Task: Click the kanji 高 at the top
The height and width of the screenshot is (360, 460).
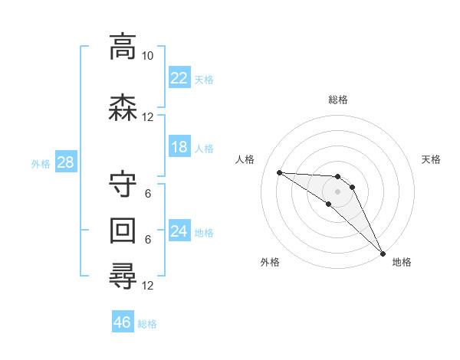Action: pyautogui.click(x=123, y=48)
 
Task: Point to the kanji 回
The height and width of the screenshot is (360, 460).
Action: pyautogui.click(x=123, y=230)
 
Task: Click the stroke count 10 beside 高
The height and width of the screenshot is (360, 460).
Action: pyautogui.click(x=148, y=57)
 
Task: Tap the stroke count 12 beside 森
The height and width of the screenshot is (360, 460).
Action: pyautogui.click(x=148, y=116)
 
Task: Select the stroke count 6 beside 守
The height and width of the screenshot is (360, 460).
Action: pyautogui.click(x=148, y=194)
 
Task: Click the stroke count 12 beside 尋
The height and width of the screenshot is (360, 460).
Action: pyautogui.click(x=148, y=286)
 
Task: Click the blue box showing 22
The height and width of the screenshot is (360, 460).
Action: pyautogui.click(x=179, y=78)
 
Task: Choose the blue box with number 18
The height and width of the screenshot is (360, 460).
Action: pyautogui.click(x=179, y=147)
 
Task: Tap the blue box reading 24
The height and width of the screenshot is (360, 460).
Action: pyautogui.click(x=179, y=231)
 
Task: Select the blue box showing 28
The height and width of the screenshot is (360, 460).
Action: pyautogui.click(x=65, y=162)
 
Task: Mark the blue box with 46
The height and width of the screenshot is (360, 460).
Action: pyautogui.click(x=123, y=322)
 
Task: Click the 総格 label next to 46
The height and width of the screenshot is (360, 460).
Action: pyautogui.click(x=147, y=324)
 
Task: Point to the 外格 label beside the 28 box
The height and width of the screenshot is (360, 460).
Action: pyautogui.click(x=41, y=164)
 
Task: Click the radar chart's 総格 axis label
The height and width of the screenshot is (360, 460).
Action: pyautogui.click(x=338, y=100)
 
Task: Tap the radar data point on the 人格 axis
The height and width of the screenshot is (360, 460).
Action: pyautogui.click(x=279, y=172)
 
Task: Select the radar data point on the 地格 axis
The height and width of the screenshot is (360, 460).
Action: pyautogui.click(x=383, y=252)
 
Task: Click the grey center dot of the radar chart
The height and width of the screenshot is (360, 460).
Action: pyautogui.click(x=337, y=191)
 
